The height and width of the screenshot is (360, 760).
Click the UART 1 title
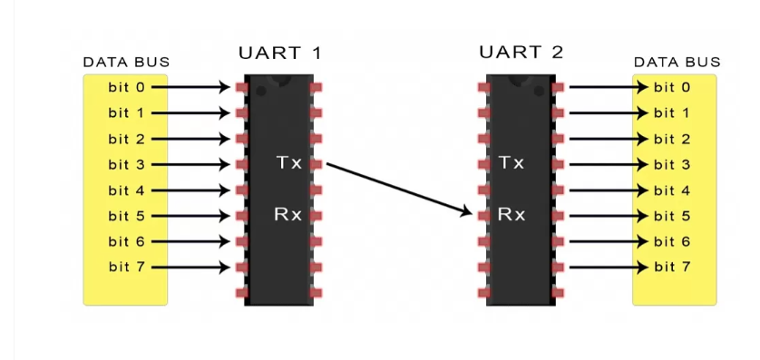coord(279,53)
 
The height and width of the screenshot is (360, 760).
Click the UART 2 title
coord(521,52)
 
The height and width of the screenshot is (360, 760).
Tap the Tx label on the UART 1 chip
coord(289,163)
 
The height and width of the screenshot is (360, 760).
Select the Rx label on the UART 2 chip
coord(512,215)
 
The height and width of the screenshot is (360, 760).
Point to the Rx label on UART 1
coord(287,215)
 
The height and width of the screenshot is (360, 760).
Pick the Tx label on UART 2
coord(512,163)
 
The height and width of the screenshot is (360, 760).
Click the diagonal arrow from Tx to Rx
coord(399,189)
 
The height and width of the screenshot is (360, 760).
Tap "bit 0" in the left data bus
coord(126,87)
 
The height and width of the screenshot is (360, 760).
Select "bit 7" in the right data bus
coord(672,267)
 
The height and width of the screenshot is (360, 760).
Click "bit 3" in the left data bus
coord(126,165)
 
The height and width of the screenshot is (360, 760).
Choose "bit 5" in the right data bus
coord(672,216)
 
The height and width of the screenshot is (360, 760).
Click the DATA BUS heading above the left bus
coord(126,62)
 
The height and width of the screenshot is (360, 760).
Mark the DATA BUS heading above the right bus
coord(677,62)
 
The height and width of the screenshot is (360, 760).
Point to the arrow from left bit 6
coord(190,241)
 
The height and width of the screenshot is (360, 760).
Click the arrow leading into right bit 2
coord(609,139)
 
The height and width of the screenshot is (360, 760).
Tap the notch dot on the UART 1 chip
coord(261,91)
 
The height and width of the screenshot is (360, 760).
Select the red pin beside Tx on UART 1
coord(316,165)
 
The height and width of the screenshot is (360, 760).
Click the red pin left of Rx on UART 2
coord(483,216)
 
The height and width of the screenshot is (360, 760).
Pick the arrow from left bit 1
coord(190,113)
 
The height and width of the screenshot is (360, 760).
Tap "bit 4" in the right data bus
coord(672,190)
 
